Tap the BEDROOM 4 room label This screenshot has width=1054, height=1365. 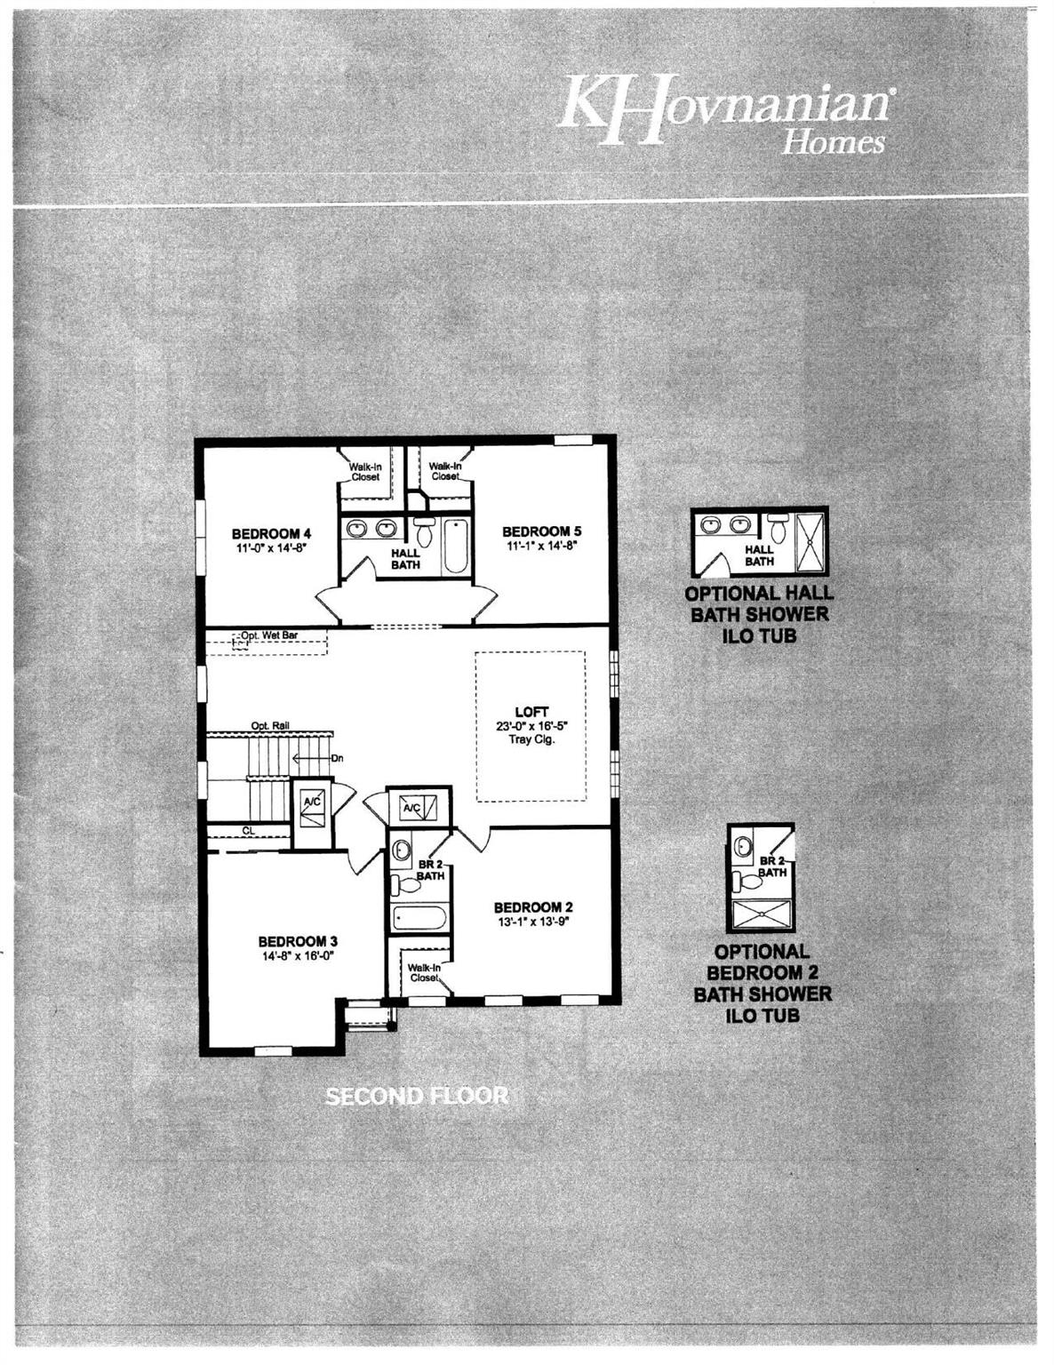(x=271, y=533)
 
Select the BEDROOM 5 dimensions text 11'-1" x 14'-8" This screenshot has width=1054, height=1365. (x=541, y=546)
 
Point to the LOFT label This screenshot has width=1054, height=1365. (x=531, y=712)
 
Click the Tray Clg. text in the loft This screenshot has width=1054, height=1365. (x=532, y=738)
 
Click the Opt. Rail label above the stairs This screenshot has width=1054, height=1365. (x=270, y=725)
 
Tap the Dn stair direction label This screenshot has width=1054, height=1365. (x=338, y=758)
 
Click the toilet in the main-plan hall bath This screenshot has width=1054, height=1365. (x=424, y=531)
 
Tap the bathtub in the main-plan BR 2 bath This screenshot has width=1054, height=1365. (x=419, y=919)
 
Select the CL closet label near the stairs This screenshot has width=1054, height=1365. (x=250, y=830)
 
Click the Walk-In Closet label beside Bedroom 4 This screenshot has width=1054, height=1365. (x=365, y=472)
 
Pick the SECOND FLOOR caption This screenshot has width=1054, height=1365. (x=417, y=1097)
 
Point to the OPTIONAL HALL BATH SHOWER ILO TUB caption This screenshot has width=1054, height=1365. (x=760, y=614)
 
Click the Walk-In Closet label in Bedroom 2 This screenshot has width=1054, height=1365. (x=424, y=972)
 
